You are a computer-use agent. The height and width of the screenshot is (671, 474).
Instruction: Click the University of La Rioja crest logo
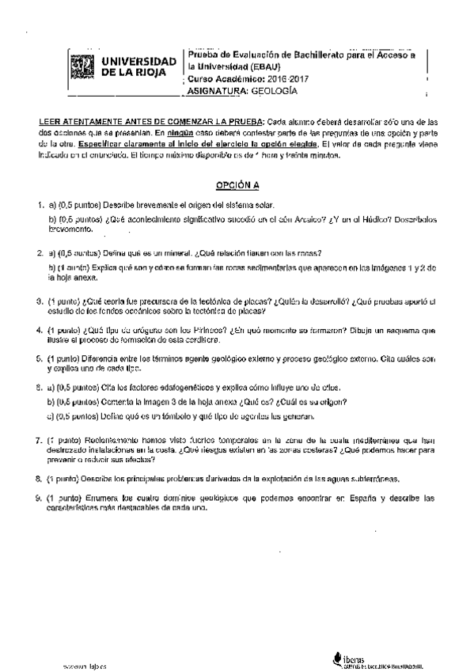tap(81, 66)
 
